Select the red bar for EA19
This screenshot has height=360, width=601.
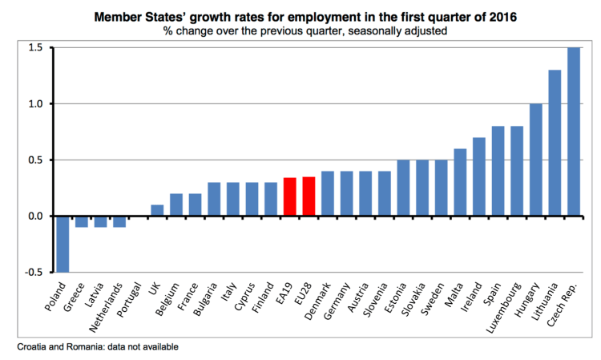click(x=291, y=197)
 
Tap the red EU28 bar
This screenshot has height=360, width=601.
click(x=309, y=197)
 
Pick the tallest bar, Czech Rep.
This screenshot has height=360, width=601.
click(x=575, y=132)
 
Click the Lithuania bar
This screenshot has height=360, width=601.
click(x=555, y=144)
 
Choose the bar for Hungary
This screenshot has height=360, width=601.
click(x=536, y=160)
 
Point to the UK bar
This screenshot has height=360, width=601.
click(x=158, y=211)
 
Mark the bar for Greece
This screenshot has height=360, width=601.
click(x=82, y=221)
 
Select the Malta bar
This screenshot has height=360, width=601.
click(x=461, y=183)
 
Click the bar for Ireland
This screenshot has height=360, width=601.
click(x=479, y=177)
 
